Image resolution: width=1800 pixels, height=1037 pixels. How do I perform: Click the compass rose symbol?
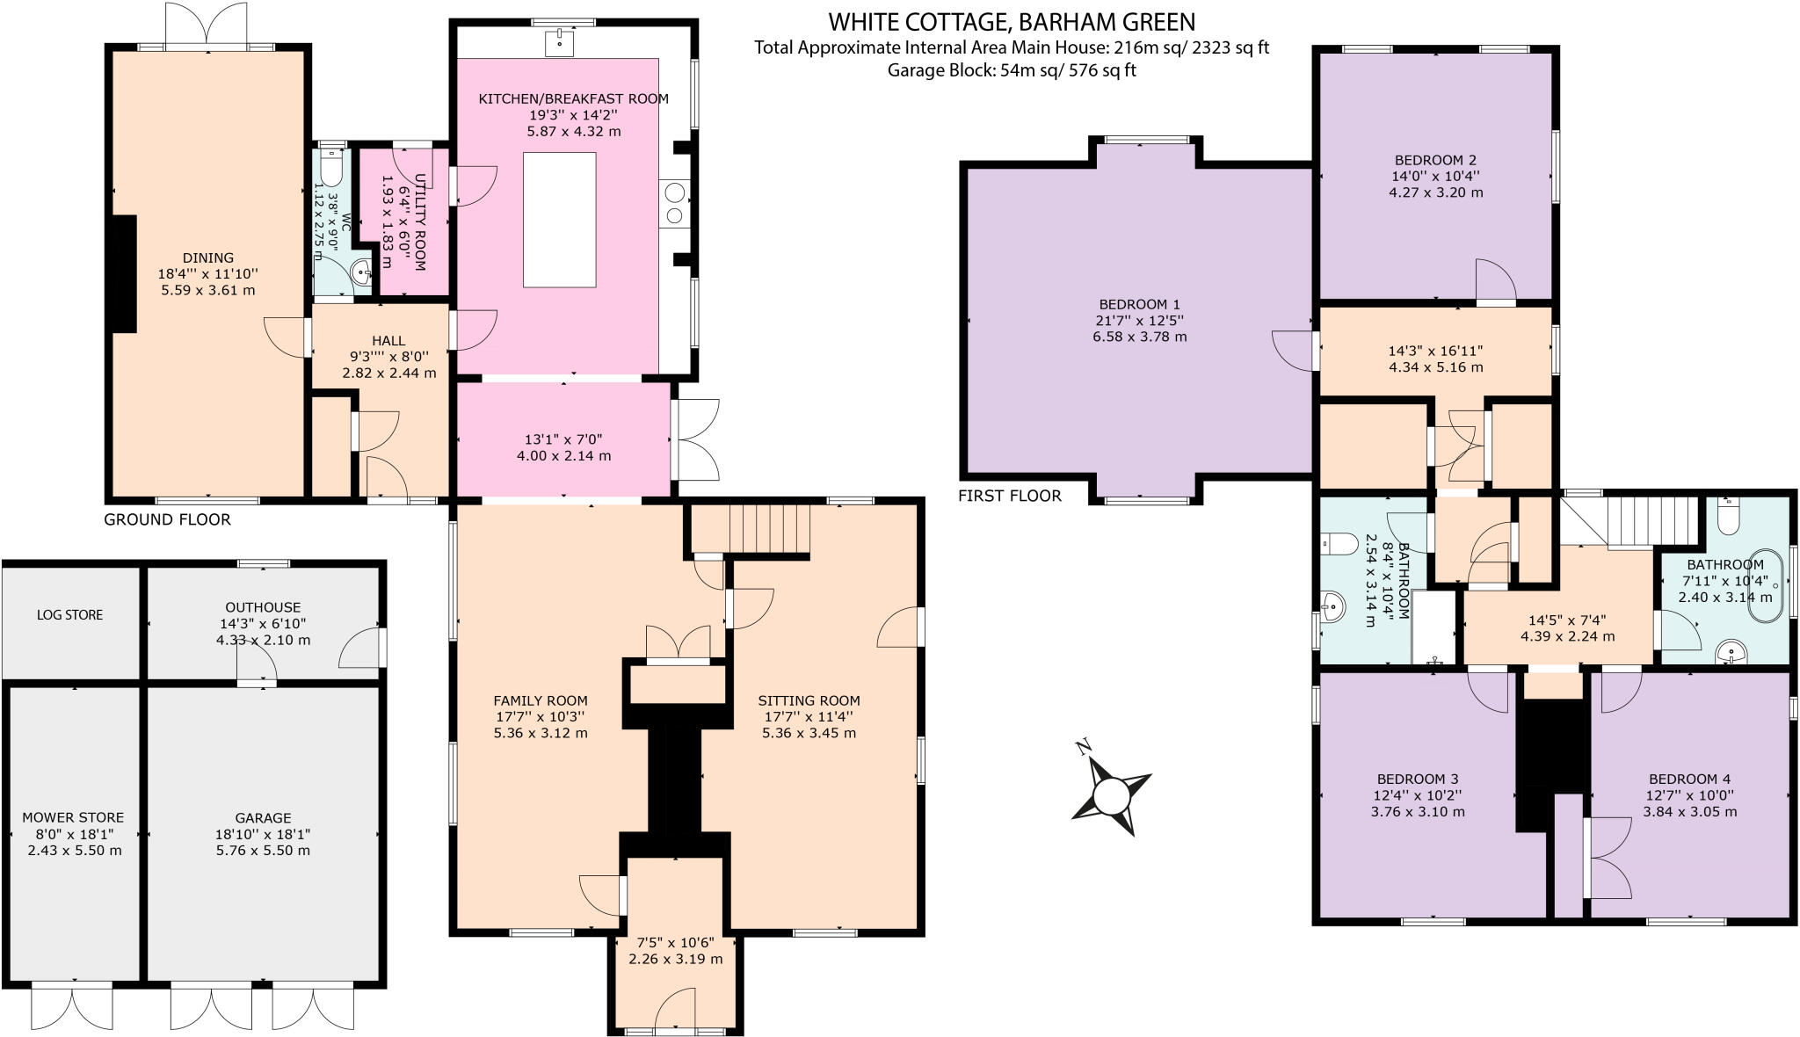pyautogui.click(x=1111, y=796)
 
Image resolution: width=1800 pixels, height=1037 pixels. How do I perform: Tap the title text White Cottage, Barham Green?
pyautogui.click(x=1011, y=21)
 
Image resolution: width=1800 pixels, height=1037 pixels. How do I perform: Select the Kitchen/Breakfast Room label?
pyautogui.click(x=573, y=98)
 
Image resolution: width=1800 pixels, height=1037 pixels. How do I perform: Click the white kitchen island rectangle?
pyautogui.click(x=559, y=220)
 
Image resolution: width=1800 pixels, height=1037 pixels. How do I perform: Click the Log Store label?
pyautogui.click(x=69, y=615)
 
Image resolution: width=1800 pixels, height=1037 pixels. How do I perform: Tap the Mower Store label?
pyautogui.click(x=73, y=817)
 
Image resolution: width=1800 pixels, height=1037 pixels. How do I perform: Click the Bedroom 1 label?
pyautogui.click(x=1139, y=304)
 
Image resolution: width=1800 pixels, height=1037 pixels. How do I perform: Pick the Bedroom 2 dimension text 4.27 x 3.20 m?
pyautogui.click(x=1435, y=192)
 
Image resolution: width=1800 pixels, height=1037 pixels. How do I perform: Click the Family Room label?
pyautogui.click(x=541, y=700)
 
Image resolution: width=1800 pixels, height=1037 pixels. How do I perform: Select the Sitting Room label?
pyautogui.click(x=809, y=700)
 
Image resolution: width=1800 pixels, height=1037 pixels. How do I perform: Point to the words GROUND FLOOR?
pyautogui.click(x=167, y=519)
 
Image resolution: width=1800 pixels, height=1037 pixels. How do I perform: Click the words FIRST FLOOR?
pyautogui.click(x=1009, y=496)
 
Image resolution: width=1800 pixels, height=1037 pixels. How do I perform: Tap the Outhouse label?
pyautogui.click(x=263, y=607)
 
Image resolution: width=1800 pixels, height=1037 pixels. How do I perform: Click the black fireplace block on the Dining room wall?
pyautogui.click(x=124, y=273)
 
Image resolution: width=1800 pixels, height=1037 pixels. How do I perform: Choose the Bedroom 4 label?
pyautogui.click(x=1689, y=779)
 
